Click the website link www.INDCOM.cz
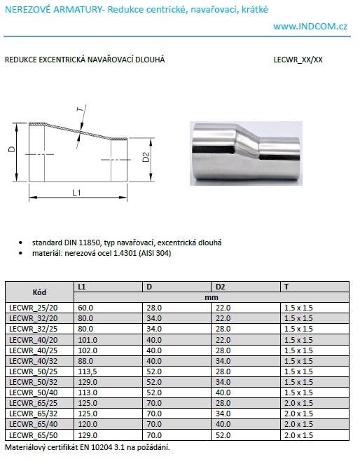point(310,27)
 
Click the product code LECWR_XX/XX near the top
point(298,60)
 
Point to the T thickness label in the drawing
point(80,109)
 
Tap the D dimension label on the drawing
point(12,149)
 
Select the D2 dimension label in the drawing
point(146,157)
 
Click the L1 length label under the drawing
point(76,193)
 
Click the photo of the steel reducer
point(246,153)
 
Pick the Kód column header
point(39,292)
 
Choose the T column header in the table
point(286,287)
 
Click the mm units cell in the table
point(212,297)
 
